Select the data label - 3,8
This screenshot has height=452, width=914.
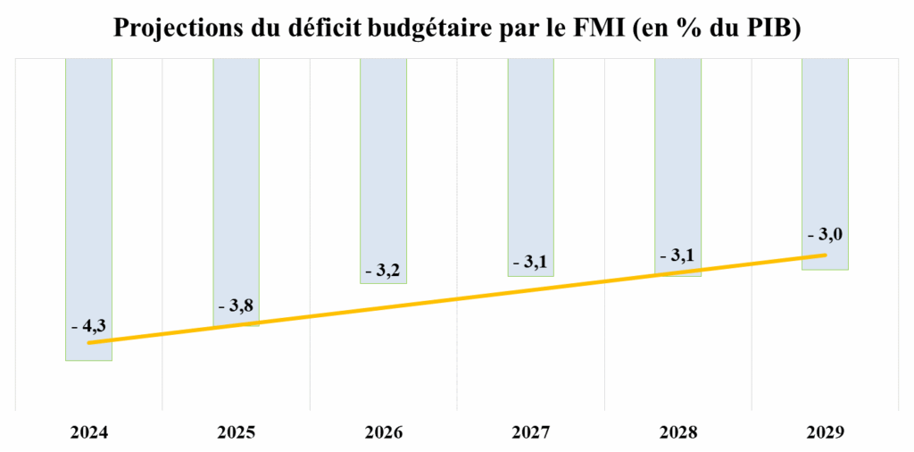coord(235,306)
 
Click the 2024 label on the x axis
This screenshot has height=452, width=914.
coord(88,432)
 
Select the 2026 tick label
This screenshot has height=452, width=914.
coord(383,432)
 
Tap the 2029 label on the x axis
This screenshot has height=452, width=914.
coord(825,432)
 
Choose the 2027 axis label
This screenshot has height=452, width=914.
coord(530,432)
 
